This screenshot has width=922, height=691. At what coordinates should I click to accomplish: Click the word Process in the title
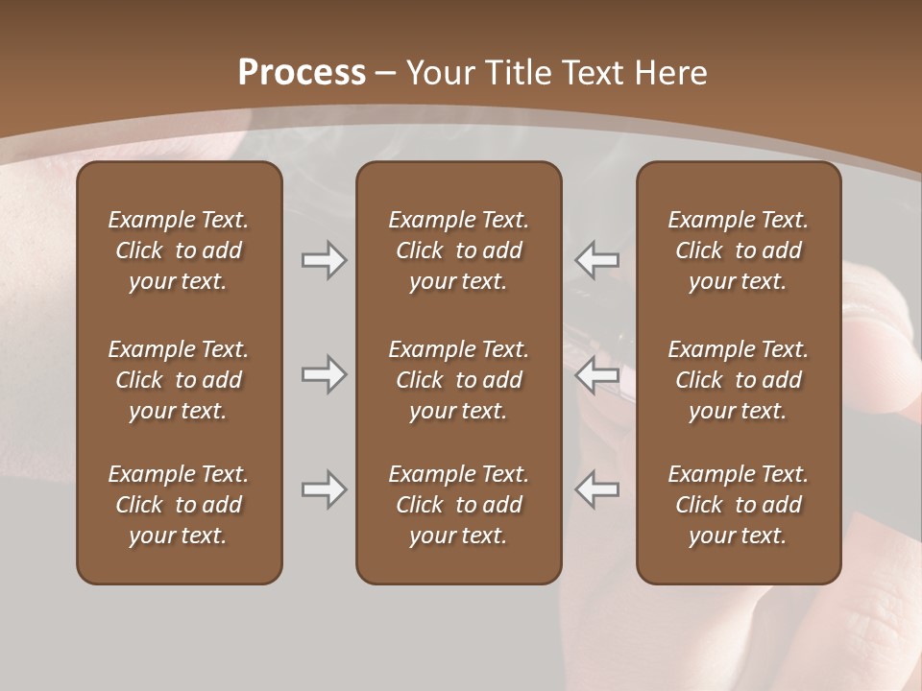(302, 73)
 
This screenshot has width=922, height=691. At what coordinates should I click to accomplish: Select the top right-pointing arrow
(325, 260)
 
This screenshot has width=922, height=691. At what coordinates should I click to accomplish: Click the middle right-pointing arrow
(325, 374)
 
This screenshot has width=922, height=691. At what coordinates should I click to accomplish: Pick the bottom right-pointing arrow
(325, 489)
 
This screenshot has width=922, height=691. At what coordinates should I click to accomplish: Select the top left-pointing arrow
(596, 260)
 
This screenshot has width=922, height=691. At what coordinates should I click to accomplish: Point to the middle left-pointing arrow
(596, 374)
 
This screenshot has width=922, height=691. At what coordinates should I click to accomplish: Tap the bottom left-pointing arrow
(596, 489)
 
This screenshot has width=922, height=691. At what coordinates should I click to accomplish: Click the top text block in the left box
(179, 250)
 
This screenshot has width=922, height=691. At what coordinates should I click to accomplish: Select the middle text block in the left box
(179, 380)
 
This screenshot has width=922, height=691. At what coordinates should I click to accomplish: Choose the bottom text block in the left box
(179, 505)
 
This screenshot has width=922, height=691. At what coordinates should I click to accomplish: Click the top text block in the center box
(458, 250)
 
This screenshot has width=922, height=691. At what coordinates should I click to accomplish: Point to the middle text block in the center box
(458, 380)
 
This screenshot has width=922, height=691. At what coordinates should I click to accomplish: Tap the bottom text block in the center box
(458, 505)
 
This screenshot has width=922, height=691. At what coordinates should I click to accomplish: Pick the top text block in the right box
(738, 250)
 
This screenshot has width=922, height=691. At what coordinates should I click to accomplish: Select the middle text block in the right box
(738, 380)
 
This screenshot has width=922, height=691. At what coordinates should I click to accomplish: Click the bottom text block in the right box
(738, 505)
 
